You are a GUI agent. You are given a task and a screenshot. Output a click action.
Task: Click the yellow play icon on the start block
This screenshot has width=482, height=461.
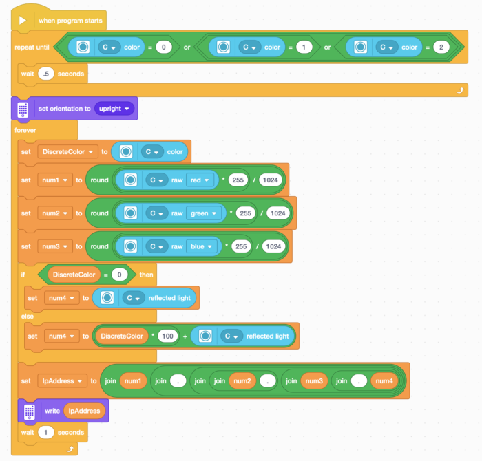point(22,21)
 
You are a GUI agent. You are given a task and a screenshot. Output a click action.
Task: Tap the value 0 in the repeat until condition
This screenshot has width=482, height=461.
point(163,47)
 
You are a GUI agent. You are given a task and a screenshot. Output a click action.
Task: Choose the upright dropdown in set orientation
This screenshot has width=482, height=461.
point(115,109)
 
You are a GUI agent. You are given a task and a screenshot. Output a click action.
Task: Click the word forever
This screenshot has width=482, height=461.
point(24,129)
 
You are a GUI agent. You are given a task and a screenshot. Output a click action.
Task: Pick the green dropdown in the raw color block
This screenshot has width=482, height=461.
point(205,213)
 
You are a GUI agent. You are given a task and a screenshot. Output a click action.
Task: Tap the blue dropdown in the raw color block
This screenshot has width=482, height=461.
point(202,246)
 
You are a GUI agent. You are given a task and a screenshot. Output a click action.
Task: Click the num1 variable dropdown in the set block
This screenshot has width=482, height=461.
point(55,180)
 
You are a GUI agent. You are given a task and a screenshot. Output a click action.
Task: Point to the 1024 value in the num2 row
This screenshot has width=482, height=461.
point(277,213)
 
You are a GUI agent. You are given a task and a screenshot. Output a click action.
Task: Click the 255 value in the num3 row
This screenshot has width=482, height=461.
point(242,246)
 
